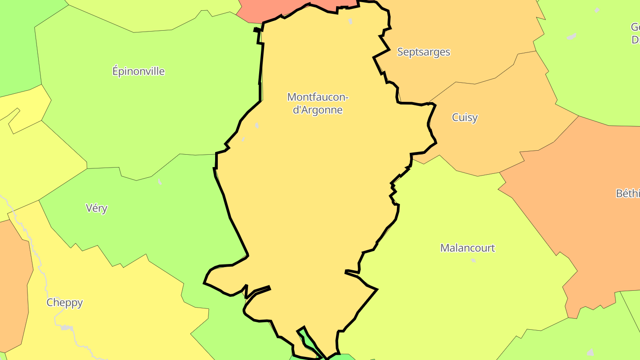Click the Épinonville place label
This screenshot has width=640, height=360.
pos(138,71)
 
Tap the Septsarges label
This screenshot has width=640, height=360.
pos(423,52)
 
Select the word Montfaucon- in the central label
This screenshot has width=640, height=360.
pos(318,97)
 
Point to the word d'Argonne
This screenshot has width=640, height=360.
pos(318,110)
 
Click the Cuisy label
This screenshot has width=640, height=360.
pos(464,117)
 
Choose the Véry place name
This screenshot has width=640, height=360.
pos(96,208)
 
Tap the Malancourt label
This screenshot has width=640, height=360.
pos(467,248)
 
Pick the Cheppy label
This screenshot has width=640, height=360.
pos(64,303)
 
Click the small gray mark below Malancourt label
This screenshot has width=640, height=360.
pos(473,260)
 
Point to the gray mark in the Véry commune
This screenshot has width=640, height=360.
pos(160,181)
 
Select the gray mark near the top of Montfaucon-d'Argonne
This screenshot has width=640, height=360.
pos(350,21)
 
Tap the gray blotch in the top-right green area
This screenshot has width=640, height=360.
pos(572,36)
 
